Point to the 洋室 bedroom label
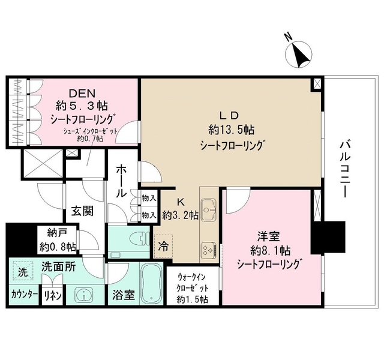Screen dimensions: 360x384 (267, 237)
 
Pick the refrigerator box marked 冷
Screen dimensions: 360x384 (163, 245)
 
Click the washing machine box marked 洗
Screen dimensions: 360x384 (22, 271)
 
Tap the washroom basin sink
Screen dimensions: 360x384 (83, 295)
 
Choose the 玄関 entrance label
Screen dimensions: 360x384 (82, 212)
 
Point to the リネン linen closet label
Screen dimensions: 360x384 (50, 296)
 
